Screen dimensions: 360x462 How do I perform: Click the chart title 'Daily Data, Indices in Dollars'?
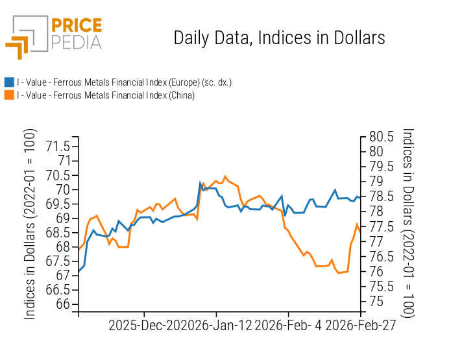pos(279,38)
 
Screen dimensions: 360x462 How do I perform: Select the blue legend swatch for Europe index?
pos(9,82)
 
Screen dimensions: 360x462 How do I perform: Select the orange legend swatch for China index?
pos(9,95)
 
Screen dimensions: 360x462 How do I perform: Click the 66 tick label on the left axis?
pos(63,304)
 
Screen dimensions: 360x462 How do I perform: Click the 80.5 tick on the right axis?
pos(382,137)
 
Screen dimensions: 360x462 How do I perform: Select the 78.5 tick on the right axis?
pos(382,197)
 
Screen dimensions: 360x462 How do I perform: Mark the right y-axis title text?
pos(407,222)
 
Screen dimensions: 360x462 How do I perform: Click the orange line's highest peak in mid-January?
pos(225,176)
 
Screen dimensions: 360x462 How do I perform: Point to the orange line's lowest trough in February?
pos(338,273)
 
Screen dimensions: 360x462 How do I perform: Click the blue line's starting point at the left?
pos(79,271)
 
